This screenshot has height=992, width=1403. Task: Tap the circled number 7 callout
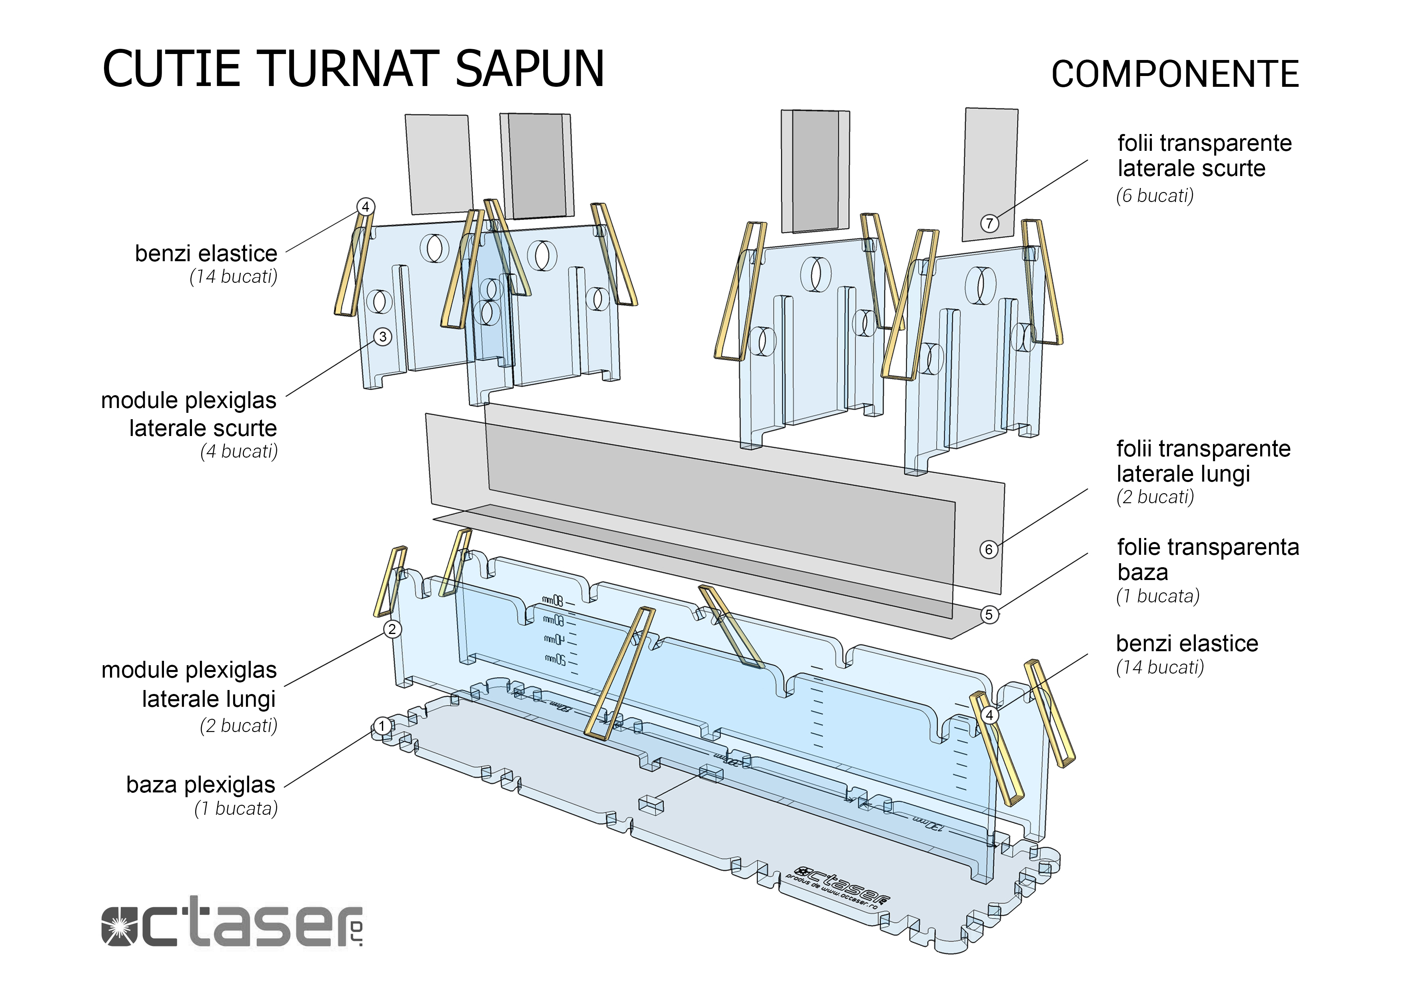click(989, 224)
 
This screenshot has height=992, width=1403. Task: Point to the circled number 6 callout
click(989, 550)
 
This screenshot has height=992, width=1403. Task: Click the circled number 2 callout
click(392, 629)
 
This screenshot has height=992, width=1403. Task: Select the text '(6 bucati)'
click(1154, 196)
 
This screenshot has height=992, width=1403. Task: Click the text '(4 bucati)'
click(238, 452)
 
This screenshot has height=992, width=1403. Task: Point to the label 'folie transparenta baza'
click(1207, 559)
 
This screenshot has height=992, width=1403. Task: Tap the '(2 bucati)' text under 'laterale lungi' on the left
click(238, 726)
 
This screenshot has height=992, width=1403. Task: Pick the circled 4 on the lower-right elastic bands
click(989, 714)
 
